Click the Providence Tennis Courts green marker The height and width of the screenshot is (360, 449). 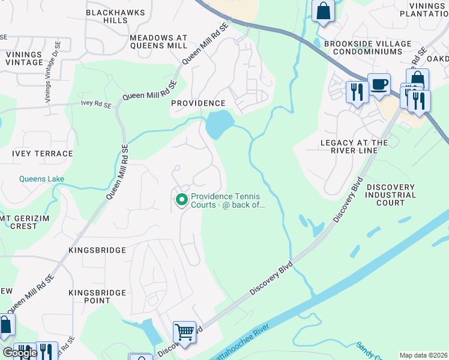(180, 200)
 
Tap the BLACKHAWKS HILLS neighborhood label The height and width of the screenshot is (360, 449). (107, 16)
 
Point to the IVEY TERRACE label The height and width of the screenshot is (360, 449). (42, 154)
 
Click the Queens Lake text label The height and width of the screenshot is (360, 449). (41, 179)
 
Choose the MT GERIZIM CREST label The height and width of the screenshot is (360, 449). (19, 221)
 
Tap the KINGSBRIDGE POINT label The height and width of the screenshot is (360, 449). (97, 296)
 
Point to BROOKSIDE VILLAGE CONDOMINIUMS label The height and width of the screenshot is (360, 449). (367, 48)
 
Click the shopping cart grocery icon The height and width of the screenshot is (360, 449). (184, 331)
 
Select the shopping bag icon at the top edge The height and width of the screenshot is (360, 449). (324, 11)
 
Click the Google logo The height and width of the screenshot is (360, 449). (20, 353)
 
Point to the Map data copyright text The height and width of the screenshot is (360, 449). (423, 355)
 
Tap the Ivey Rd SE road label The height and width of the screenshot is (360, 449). (96, 104)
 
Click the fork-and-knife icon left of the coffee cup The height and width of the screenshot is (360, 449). (356, 92)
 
